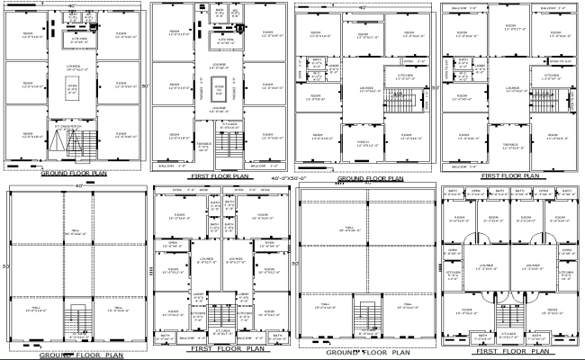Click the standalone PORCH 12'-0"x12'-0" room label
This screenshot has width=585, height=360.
click(x=363, y=142)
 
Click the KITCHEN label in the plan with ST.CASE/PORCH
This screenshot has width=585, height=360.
click(x=77, y=40)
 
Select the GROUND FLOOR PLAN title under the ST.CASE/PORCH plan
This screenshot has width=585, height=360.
click(x=74, y=171)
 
